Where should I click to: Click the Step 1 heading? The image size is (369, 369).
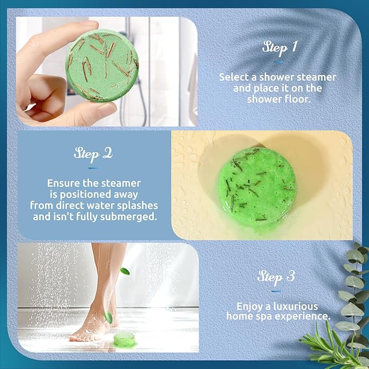tap(279, 47)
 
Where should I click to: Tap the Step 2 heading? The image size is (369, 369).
tap(93, 154)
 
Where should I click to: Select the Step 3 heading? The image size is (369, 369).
tap(276, 277)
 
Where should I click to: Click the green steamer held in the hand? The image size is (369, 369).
tap(102, 65)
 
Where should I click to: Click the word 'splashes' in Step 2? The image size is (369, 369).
tap(137, 205)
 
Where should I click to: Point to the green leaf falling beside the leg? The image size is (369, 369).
tap(124, 271)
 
